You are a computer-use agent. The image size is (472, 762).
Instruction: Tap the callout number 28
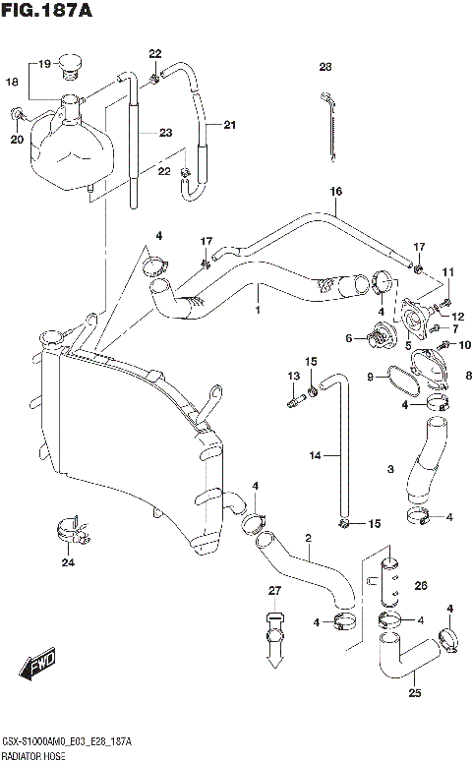point(325,68)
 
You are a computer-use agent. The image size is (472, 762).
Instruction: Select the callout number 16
point(335,193)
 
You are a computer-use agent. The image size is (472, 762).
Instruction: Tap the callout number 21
point(230,125)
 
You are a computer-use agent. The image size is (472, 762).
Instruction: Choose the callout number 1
point(258,313)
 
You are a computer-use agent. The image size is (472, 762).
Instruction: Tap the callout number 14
point(315,455)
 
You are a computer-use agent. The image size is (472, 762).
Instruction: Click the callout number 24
point(67,563)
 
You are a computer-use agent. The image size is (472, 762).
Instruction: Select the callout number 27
point(275,591)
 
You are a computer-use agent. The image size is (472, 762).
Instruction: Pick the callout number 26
point(422,587)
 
